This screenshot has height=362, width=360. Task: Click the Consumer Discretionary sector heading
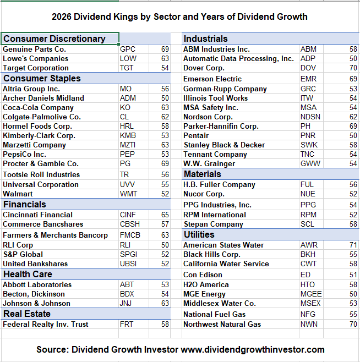(x=54, y=39)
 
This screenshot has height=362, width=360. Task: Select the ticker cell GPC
(x=128, y=49)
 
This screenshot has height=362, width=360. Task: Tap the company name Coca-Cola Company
(x=38, y=107)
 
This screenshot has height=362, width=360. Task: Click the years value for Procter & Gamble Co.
(x=165, y=163)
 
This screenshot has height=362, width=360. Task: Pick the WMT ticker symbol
(x=129, y=194)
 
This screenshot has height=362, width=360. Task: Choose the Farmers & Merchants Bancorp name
(x=55, y=235)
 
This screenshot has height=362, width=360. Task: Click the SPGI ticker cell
(x=129, y=254)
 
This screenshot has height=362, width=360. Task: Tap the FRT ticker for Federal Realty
(x=127, y=324)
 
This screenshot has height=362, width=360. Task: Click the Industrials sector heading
(x=205, y=39)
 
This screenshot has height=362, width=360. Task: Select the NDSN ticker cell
(x=310, y=117)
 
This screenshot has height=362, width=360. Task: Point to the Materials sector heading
(x=202, y=174)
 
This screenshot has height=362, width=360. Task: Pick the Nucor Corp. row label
(x=204, y=194)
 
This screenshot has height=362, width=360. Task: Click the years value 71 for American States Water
(x=353, y=245)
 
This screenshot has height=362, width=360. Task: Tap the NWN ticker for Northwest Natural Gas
(x=309, y=324)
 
